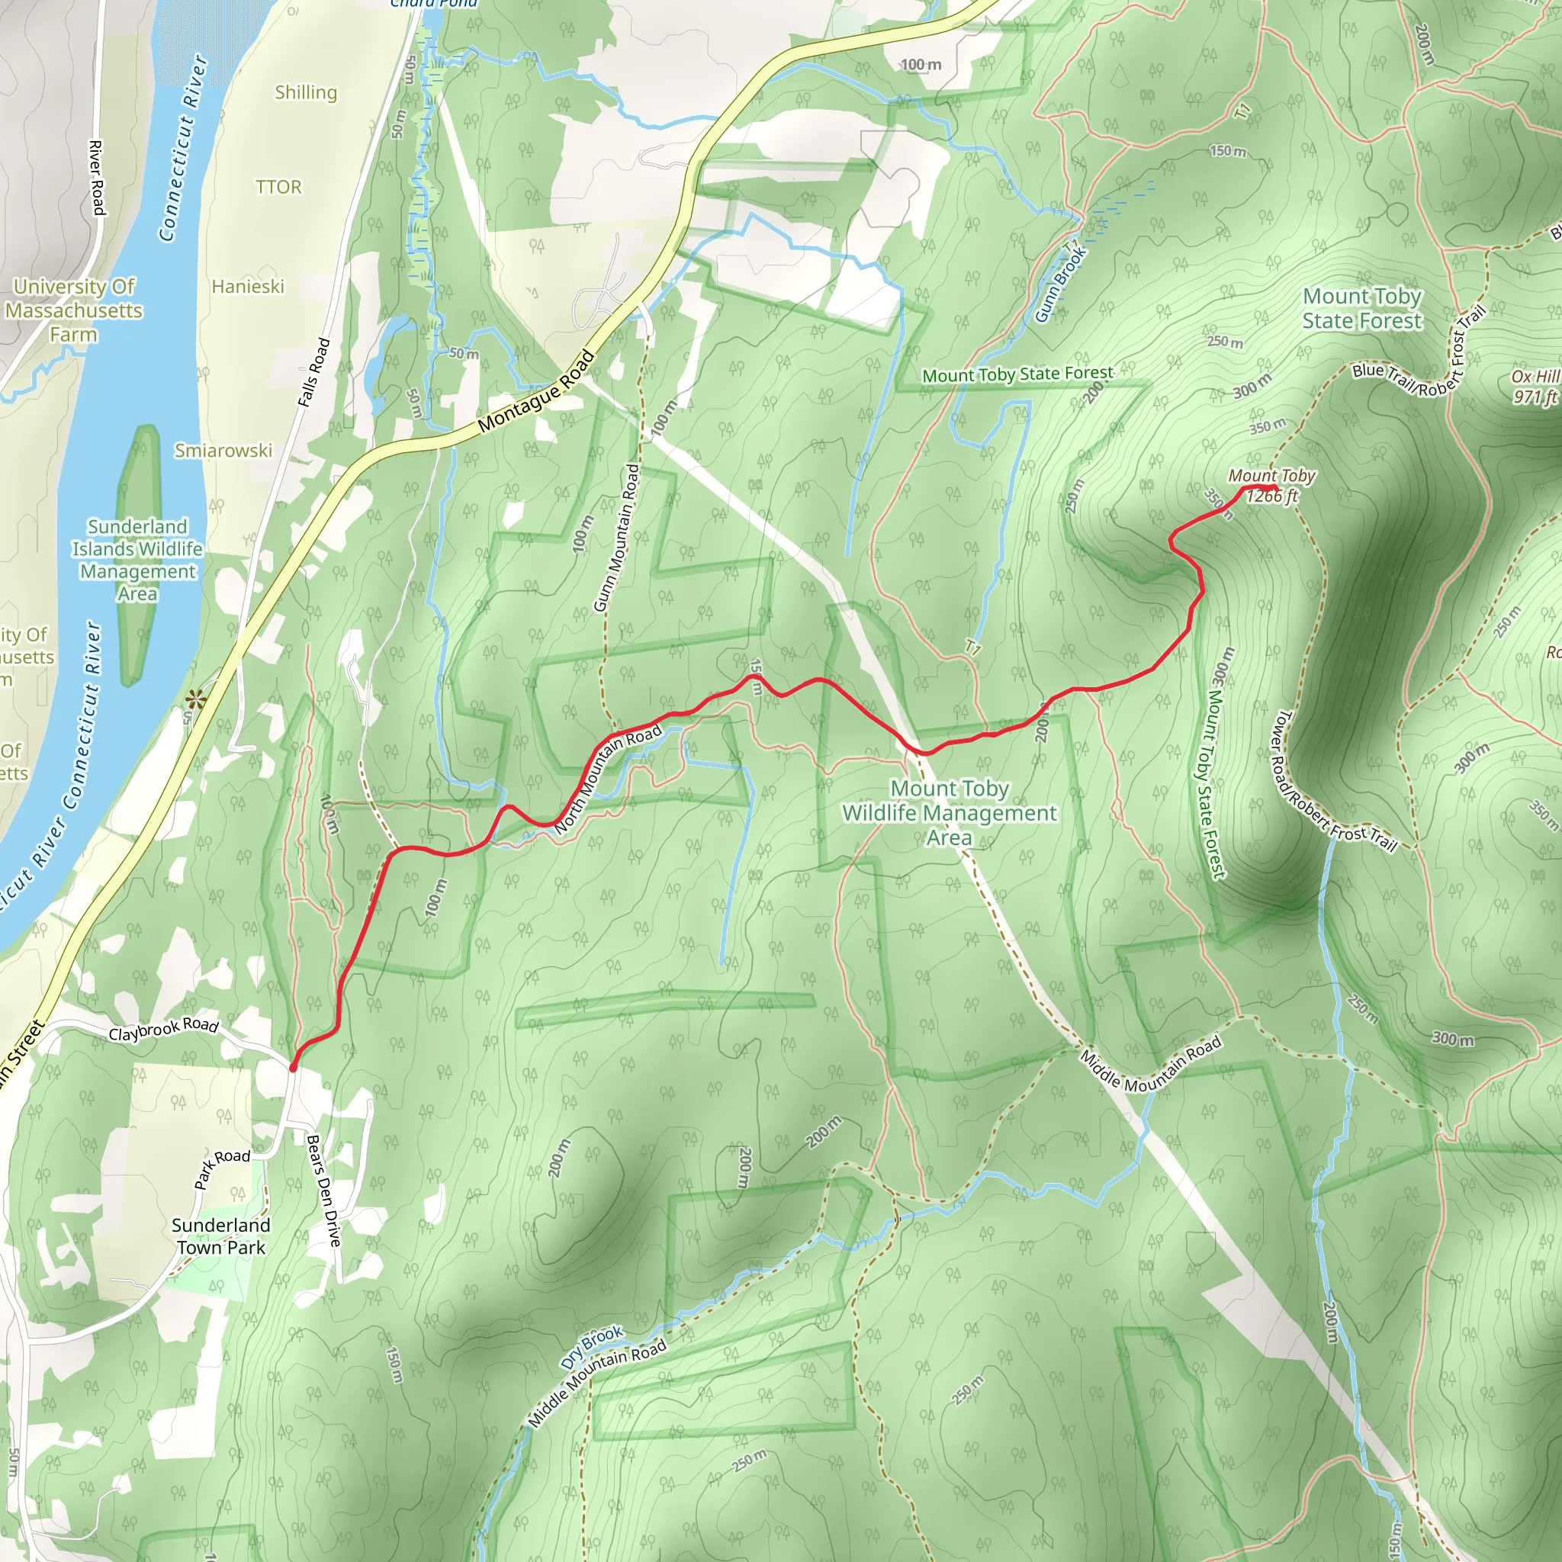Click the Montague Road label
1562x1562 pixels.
click(x=536, y=392)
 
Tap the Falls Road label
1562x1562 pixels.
click(x=313, y=372)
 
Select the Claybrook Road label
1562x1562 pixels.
click(x=163, y=1029)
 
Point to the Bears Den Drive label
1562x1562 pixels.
click(x=323, y=1190)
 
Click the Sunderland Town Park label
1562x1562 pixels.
click(x=220, y=1236)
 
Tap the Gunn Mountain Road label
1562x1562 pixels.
click(x=616, y=538)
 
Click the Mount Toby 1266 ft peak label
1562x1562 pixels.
click(x=1271, y=486)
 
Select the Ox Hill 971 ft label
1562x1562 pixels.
click(x=1535, y=387)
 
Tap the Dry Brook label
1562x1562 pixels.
click(x=592, y=1348)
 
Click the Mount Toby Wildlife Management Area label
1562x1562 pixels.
click(x=949, y=812)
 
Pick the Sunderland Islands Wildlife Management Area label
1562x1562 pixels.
click(x=137, y=560)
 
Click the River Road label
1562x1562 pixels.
click(x=96, y=178)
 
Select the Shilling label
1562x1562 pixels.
click(x=306, y=92)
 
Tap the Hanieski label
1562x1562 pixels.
click(x=247, y=286)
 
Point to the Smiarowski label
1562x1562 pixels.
click(x=223, y=450)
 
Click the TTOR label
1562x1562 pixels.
click(x=278, y=187)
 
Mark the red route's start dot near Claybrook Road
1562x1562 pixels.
click(x=293, y=1067)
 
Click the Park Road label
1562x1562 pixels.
click(x=221, y=1168)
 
